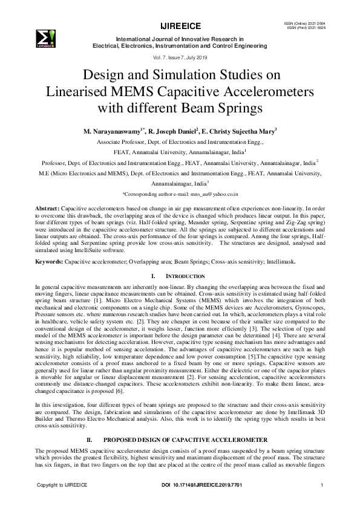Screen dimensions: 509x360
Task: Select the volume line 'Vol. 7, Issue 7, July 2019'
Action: pos(180,56)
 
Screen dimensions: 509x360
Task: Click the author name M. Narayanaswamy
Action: pos(113,131)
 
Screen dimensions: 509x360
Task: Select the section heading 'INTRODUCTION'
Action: pos(186,276)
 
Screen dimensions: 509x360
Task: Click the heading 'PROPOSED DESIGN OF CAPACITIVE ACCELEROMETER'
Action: pos(189,442)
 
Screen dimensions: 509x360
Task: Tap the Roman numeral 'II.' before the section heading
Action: pos(92,442)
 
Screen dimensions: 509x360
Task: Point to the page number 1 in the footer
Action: pos(322,485)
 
